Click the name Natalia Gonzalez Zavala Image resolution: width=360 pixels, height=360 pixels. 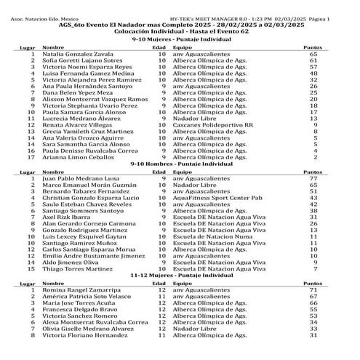77,54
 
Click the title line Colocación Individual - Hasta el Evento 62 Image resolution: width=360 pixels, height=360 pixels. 180,33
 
